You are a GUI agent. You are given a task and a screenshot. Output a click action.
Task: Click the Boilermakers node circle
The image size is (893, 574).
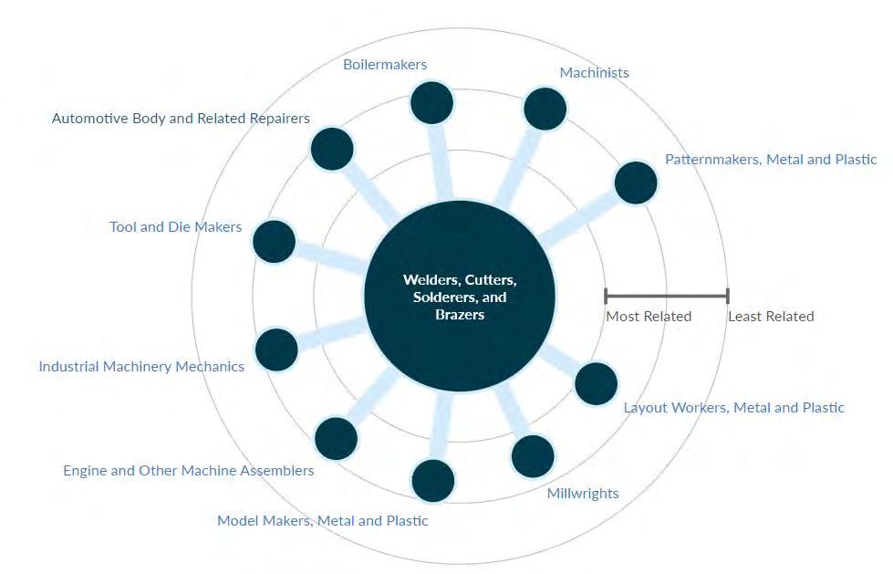coord(432,103)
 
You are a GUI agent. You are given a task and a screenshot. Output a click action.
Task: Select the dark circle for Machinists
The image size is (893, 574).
coord(545,109)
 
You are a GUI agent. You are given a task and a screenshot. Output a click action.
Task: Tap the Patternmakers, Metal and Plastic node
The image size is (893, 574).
coord(636,183)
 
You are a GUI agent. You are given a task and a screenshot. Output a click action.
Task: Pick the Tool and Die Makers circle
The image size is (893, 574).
coord(274,242)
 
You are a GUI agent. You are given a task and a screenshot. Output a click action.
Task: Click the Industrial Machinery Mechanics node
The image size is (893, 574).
coord(276,350)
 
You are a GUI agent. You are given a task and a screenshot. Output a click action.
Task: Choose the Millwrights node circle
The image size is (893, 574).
coord(533,455)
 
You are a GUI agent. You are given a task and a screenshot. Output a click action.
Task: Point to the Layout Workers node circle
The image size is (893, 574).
coord(597,383)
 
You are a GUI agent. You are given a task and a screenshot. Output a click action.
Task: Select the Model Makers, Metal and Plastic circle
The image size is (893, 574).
coord(432,481)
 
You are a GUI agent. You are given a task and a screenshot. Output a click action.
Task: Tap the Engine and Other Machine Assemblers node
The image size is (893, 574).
coord(336,439)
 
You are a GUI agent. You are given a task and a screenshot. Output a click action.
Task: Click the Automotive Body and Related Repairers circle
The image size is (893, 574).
coord(332,149)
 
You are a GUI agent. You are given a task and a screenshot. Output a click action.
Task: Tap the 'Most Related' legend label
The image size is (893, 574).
coord(649,317)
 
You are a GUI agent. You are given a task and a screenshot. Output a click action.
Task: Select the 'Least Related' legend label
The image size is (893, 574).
coord(771,317)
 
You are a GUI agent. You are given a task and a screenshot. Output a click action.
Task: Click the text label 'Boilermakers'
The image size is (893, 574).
coord(385,65)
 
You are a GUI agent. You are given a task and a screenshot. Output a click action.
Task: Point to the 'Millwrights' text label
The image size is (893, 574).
coord(583,494)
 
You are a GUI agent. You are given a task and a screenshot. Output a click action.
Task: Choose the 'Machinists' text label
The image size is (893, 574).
coord(594,72)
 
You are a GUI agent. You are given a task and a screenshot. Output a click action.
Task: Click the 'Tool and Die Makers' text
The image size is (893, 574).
coord(175,226)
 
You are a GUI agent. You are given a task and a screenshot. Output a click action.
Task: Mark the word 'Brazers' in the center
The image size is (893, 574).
coord(460,315)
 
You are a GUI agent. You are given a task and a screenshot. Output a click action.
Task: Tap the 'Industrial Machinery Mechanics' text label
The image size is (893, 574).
coord(141,367)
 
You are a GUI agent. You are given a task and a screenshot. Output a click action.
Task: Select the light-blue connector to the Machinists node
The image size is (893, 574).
coord(518,164)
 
